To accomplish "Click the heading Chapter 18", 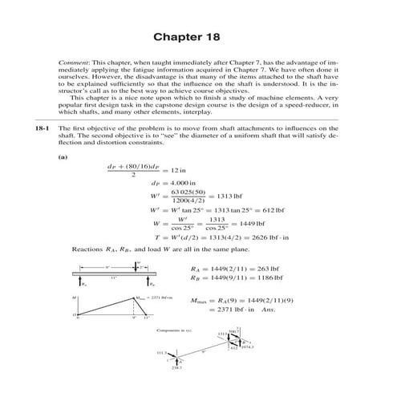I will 198,38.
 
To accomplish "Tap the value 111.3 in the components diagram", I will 163,351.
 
